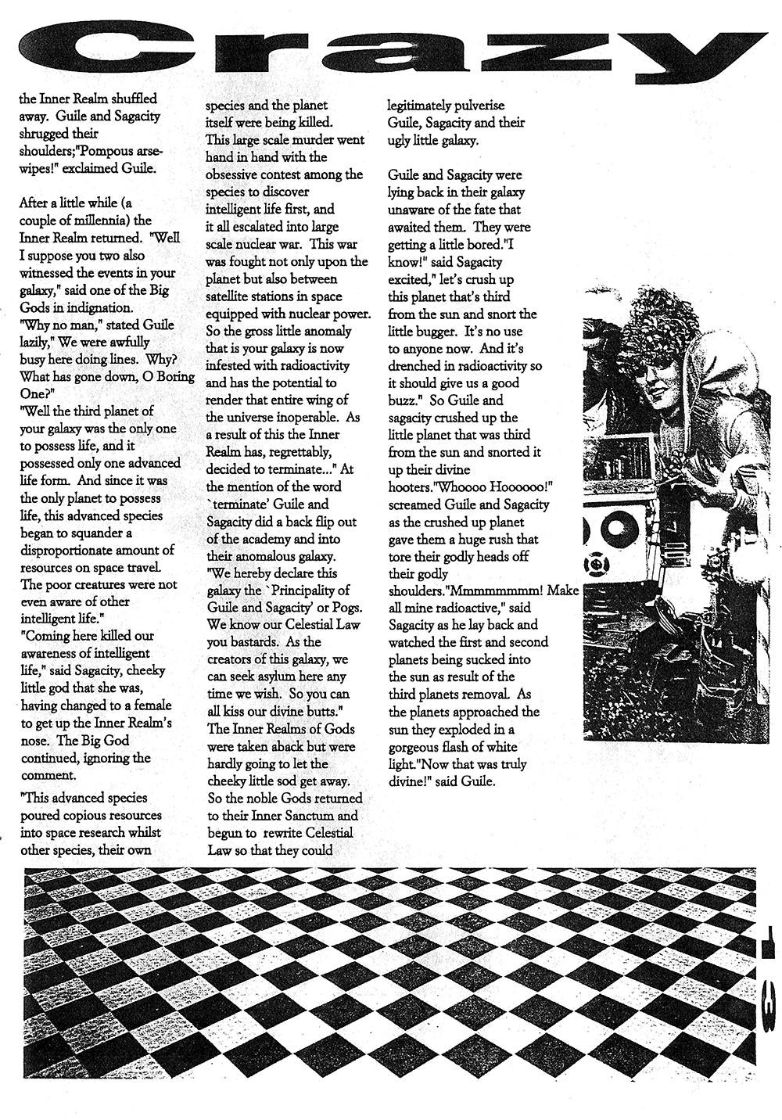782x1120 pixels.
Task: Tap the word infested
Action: coord(230,365)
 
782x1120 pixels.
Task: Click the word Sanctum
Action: coord(308,816)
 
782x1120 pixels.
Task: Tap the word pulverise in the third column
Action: coord(468,106)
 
